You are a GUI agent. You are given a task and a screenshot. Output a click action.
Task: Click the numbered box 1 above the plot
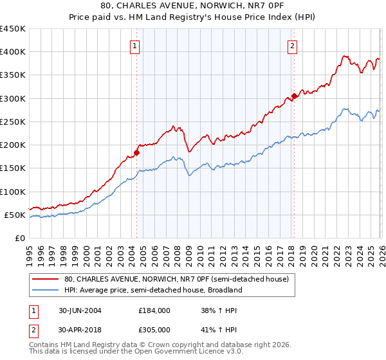[x=135, y=46]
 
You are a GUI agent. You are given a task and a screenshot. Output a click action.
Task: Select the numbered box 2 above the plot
[x=293, y=46]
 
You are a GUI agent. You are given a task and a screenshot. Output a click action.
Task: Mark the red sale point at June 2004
[x=136, y=152]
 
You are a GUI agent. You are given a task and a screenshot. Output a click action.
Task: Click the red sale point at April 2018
[x=294, y=96]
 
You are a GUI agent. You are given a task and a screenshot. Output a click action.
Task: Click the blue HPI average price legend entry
[x=153, y=290]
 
